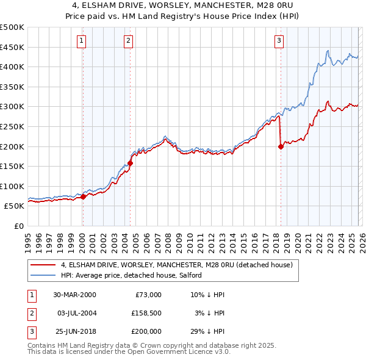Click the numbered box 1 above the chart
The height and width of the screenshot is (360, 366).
[81, 41]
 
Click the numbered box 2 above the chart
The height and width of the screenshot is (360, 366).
[129, 41]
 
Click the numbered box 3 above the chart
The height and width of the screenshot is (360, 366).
[279, 41]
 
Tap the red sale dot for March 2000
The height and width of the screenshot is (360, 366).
[84, 197]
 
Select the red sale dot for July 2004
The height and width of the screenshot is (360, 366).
[130, 163]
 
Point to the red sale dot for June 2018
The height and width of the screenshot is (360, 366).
[281, 146]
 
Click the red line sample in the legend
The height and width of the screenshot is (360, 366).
[44, 265]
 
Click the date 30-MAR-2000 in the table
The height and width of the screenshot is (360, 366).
[74, 294]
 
